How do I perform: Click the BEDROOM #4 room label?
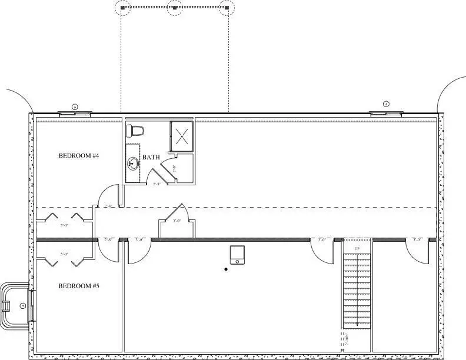pos(79,156)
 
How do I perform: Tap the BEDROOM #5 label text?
pos(79,286)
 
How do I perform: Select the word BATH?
pos(151,158)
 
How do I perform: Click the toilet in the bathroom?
pos(135,131)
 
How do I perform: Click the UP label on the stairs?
pos(357,249)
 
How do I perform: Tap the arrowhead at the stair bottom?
pos(357,324)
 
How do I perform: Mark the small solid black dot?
pos(225,270)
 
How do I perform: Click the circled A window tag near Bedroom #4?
pos(75,106)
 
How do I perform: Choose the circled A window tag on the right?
pos(386,104)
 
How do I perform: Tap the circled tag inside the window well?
pos(22,305)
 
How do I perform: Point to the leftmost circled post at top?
pos(123,8)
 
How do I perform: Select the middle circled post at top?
pos(174,8)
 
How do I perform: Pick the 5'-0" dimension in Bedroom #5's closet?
pos(65,254)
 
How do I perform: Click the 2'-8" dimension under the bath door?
pos(157,184)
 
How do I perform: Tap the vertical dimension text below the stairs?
pos(347,339)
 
